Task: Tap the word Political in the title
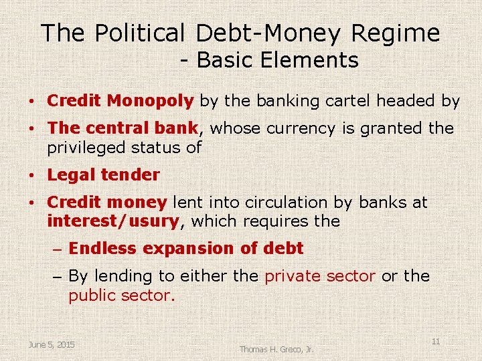click(x=139, y=33)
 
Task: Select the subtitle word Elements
click(x=311, y=61)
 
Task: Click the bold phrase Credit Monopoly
click(x=120, y=101)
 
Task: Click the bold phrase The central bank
click(x=123, y=128)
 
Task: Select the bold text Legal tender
click(x=104, y=175)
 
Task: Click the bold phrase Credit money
click(x=107, y=202)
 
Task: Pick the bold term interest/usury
click(x=113, y=221)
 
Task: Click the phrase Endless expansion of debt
click(x=186, y=249)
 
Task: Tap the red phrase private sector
click(x=320, y=276)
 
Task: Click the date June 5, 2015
click(x=52, y=344)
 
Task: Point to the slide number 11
click(x=435, y=342)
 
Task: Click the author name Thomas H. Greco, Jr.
click(x=276, y=349)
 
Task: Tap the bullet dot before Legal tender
click(x=32, y=176)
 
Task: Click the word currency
click(x=300, y=128)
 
